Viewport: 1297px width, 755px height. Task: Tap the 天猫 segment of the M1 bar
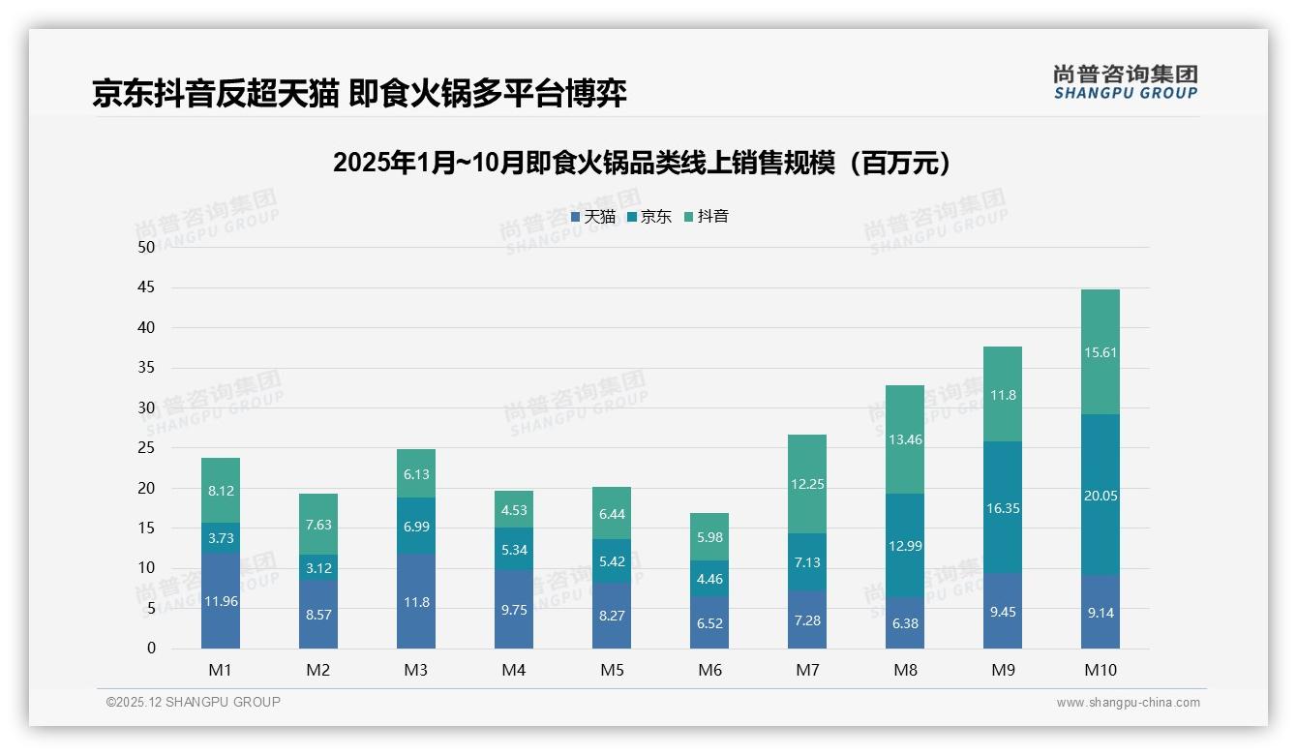click(221, 600)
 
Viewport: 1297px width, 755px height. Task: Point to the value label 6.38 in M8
click(905, 623)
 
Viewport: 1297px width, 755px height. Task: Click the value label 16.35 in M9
click(1003, 508)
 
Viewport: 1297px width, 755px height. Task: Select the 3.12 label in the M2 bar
click(318, 568)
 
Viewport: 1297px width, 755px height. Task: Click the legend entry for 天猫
click(593, 217)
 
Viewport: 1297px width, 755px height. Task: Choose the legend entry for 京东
click(649, 217)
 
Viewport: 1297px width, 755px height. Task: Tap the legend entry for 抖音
click(707, 217)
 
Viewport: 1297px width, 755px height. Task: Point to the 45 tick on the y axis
click(146, 287)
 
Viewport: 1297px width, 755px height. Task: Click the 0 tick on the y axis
click(151, 649)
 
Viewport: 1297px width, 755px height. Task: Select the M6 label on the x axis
click(709, 670)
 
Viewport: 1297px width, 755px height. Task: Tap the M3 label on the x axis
click(416, 670)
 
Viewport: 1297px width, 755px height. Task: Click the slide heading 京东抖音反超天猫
click(359, 93)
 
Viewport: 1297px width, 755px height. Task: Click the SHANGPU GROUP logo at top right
click(1125, 82)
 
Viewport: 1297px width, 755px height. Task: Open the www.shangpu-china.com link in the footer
click(1128, 703)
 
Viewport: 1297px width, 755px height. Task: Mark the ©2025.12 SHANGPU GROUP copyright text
click(194, 703)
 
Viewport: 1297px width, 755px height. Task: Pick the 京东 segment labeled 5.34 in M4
click(514, 550)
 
